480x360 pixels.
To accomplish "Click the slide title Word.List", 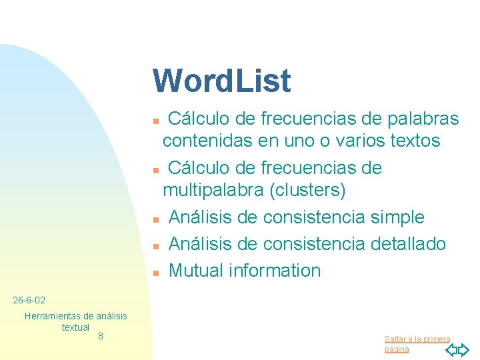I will pos(221,81).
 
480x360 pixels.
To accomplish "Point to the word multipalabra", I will pos(213,191).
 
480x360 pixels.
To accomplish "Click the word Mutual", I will pos(196,271).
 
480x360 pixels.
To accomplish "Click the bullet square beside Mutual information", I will pos(155,273).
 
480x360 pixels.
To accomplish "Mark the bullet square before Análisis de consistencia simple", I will pos(155,219).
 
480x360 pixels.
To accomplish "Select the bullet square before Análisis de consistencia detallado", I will pos(155,246).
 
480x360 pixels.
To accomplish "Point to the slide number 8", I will pos(100,336).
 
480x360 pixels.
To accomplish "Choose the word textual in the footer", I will pos(75,327).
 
